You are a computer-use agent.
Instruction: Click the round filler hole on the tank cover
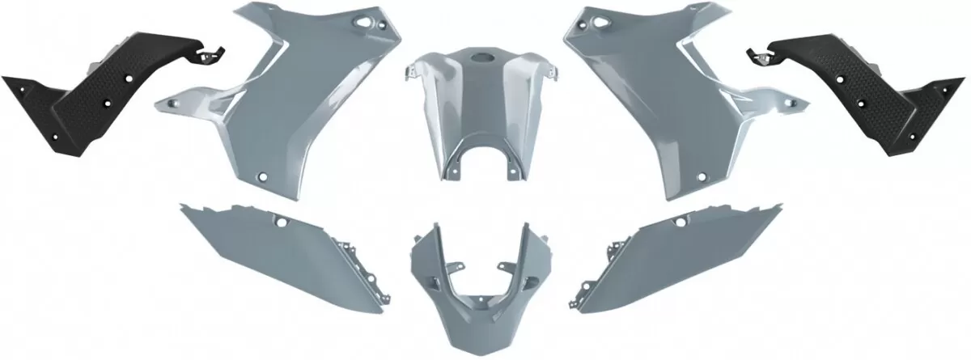coord(482,60)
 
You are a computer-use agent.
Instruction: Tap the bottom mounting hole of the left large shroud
coord(263,176)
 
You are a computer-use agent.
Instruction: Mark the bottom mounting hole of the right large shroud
coord(708,176)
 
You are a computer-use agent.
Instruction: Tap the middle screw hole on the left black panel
coord(108,102)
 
